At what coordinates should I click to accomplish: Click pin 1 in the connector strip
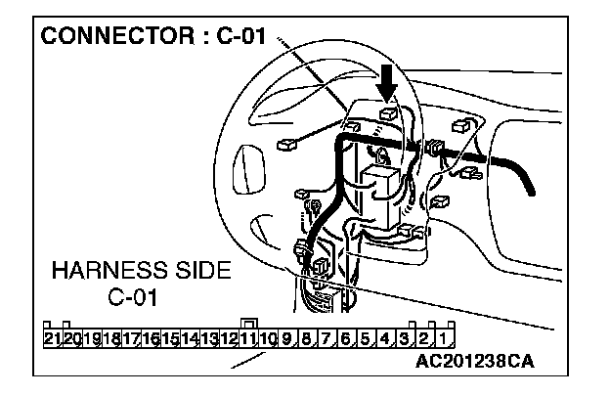pyautogui.click(x=445, y=339)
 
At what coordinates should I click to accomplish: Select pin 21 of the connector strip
pyautogui.click(x=53, y=339)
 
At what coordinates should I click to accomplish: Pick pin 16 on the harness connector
pyautogui.click(x=151, y=339)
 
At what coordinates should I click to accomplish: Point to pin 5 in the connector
pyautogui.click(x=365, y=339)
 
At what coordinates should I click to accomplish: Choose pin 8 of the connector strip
pyautogui.click(x=307, y=339)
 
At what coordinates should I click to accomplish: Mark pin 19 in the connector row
pyautogui.click(x=92, y=339)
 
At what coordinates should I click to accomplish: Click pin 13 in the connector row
pyautogui.click(x=209, y=339)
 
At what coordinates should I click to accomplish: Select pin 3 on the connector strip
pyautogui.click(x=406, y=339)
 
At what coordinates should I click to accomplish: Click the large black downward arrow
pyautogui.click(x=388, y=84)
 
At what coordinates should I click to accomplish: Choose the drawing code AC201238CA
pyautogui.click(x=474, y=361)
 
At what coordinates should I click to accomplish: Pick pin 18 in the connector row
pyautogui.click(x=111, y=339)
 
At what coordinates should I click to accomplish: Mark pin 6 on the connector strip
pyautogui.click(x=345, y=339)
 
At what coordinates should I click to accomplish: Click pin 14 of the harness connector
pyautogui.click(x=190, y=339)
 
